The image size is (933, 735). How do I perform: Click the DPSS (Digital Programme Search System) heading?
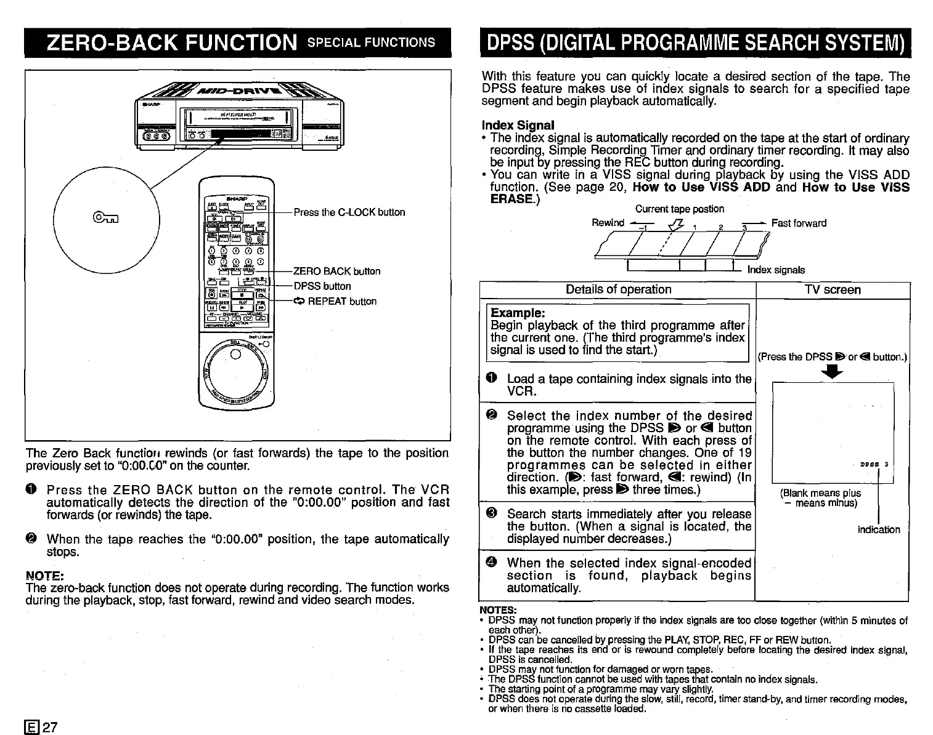click(x=695, y=42)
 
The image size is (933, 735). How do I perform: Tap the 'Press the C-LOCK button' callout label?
click(x=349, y=212)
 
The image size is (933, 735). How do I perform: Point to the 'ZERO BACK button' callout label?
click(x=336, y=271)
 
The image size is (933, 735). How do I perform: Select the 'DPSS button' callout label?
click(x=322, y=286)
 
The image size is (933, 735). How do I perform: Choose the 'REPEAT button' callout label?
click(x=335, y=302)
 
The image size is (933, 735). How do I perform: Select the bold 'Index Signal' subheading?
click(x=518, y=126)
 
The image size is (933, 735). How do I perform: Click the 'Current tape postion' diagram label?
click(x=679, y=209)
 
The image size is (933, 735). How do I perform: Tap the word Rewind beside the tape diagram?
click(x=608, y=223)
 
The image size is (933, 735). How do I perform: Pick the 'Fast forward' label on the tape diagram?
click(x=799, y=223)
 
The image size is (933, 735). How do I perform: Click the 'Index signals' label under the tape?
click(x=775, y=270)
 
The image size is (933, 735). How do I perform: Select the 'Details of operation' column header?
click(x=618, y=290)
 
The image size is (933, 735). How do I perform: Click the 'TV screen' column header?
click(x=833, y=290)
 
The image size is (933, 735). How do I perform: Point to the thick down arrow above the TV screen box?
click(x=833, y=371)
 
